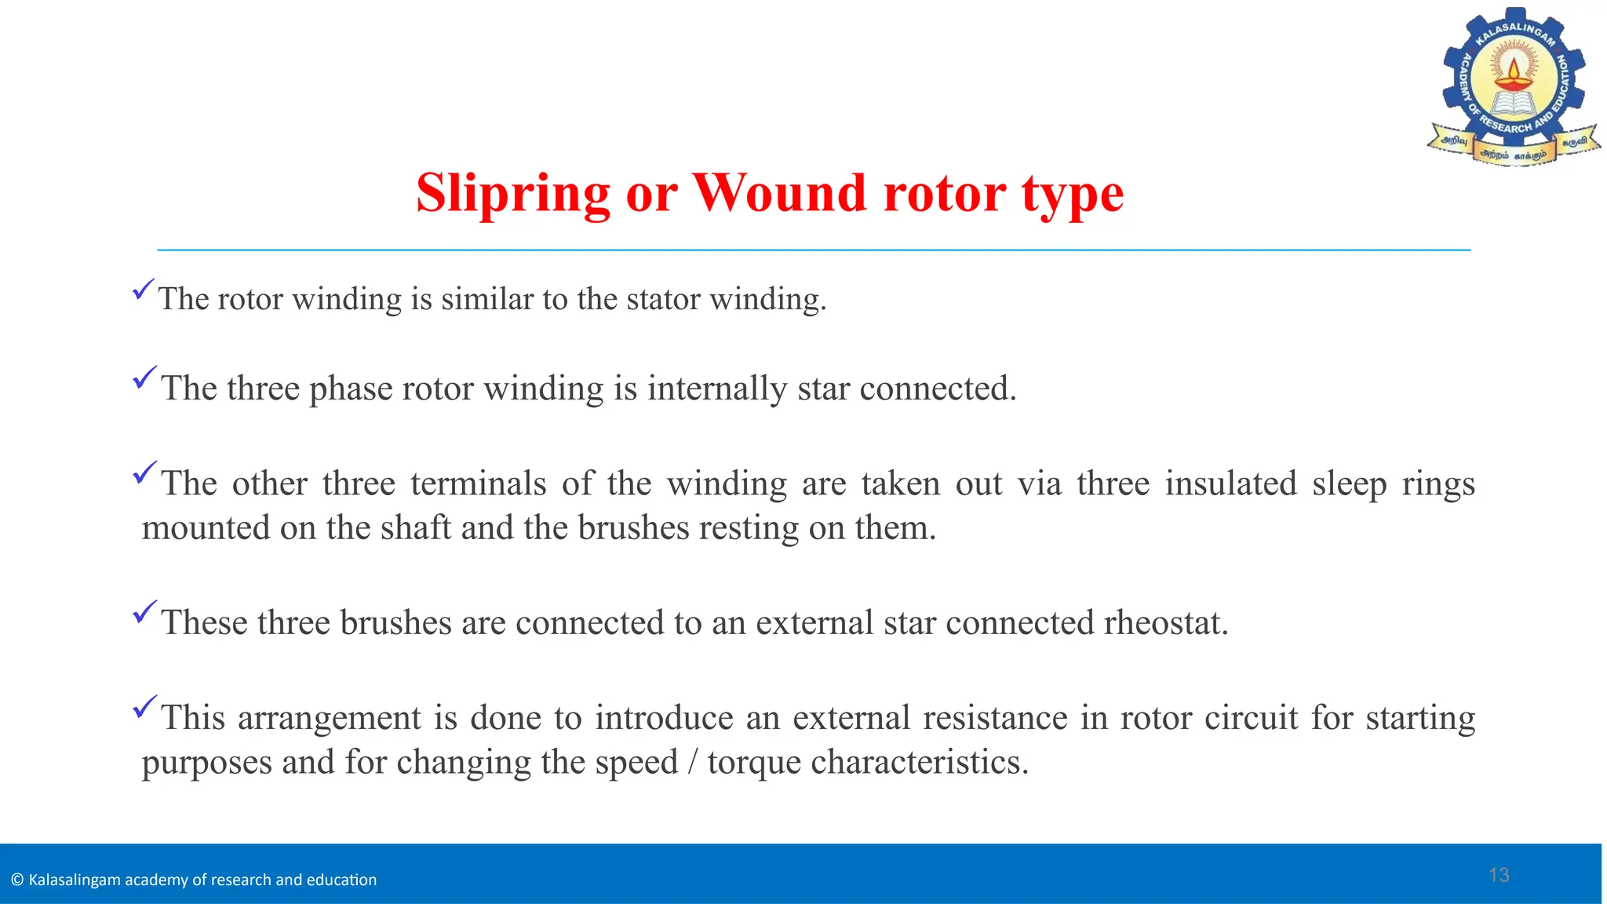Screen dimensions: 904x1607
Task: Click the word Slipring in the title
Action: click(x=512, y=193)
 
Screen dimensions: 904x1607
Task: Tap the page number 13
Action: click(x=1499, y=876)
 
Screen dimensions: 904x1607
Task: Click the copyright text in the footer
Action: click(x=195, y=880)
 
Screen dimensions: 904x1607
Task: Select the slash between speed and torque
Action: click(x=691, y=763)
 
